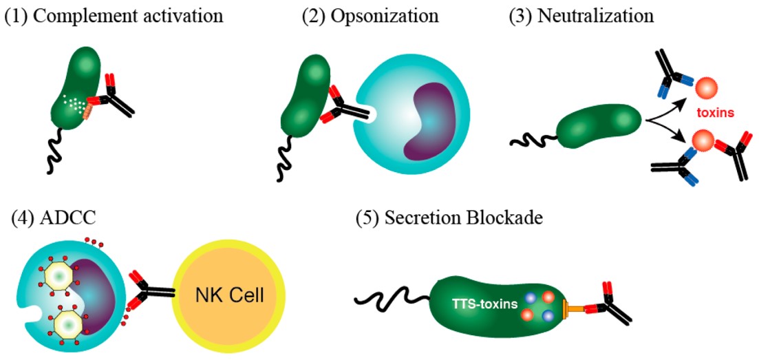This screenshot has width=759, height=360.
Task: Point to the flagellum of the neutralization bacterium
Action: (532, 141)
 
